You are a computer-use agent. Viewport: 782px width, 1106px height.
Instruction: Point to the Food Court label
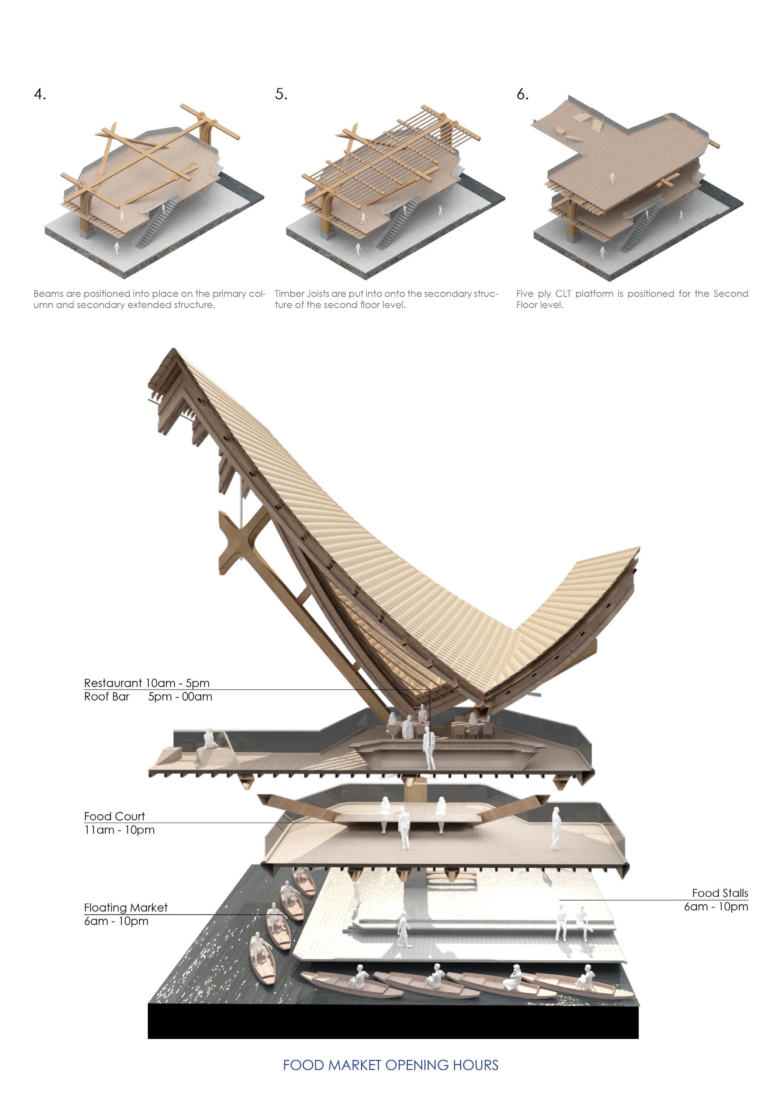coord(114,816)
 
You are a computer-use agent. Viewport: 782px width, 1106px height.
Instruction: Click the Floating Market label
coord(126,907)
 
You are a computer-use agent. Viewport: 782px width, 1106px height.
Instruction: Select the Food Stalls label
coord(720,893)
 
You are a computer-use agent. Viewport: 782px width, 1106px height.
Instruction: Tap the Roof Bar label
coord(106,697)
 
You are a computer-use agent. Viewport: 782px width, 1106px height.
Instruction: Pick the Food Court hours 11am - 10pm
coord(119,830)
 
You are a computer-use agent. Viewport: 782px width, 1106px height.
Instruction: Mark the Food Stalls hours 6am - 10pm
coord(716,907)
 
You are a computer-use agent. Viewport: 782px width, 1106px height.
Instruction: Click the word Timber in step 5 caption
coord(289,294)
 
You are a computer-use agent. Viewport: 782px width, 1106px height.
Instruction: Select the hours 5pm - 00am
coord(180,697)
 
